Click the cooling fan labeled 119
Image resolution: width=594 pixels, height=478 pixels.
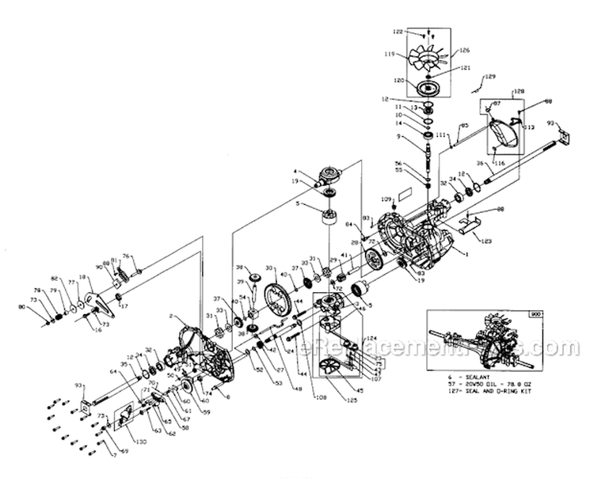click(x=428, y=58)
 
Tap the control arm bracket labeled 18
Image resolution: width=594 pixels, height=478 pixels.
click(x=97, y=302)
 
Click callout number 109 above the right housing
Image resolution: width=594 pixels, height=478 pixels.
click(x=386, y=198)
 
